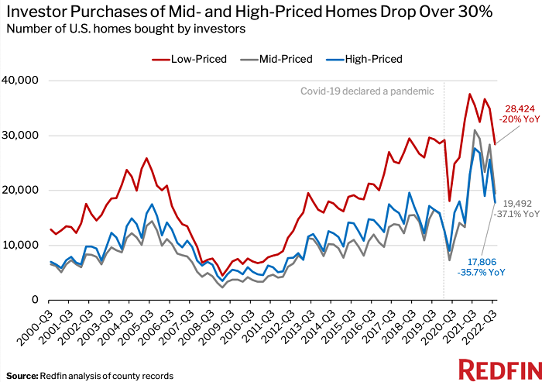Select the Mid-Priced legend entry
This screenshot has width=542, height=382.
point(282,59)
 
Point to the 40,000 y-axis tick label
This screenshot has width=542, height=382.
point(22,81)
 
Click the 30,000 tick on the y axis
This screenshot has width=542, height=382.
point(22,136)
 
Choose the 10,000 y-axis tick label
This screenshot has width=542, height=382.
point(22,245)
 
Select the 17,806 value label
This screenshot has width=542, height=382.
point(485,263)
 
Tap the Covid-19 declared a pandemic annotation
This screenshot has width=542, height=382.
point(367,91)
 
